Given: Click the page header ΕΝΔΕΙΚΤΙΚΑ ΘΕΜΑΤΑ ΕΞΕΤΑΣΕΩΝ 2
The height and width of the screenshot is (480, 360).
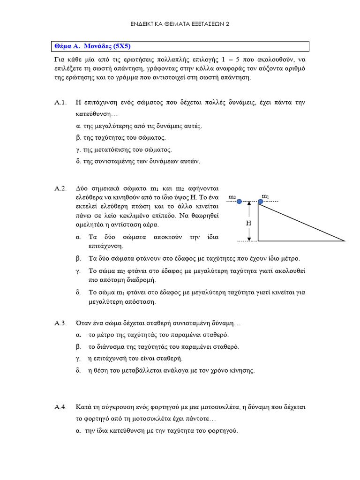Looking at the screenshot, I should tap(180, 23).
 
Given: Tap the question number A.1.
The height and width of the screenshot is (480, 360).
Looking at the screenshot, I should tap(61, 102).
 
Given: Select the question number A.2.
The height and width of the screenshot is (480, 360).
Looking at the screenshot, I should tap(61, 188).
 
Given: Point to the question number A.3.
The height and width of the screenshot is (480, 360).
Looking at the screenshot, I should tap(61, 323).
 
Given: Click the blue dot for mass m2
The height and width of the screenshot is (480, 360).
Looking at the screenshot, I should tap(239, 202).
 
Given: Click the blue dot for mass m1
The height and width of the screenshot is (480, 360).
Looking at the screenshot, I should tap(261, 202).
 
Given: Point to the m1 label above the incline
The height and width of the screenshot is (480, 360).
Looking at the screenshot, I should tap(266, 195).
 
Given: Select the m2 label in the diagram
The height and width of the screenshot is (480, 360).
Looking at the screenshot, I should tap(232, 197).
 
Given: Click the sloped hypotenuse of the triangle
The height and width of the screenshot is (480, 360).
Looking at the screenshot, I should tap(301, 221).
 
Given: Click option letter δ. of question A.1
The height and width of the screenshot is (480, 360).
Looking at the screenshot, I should tap(78, 161).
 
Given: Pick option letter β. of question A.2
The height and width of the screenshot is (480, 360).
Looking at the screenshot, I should tap(78, 258).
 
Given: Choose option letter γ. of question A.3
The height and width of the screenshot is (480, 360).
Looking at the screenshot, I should tap(78, 359).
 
